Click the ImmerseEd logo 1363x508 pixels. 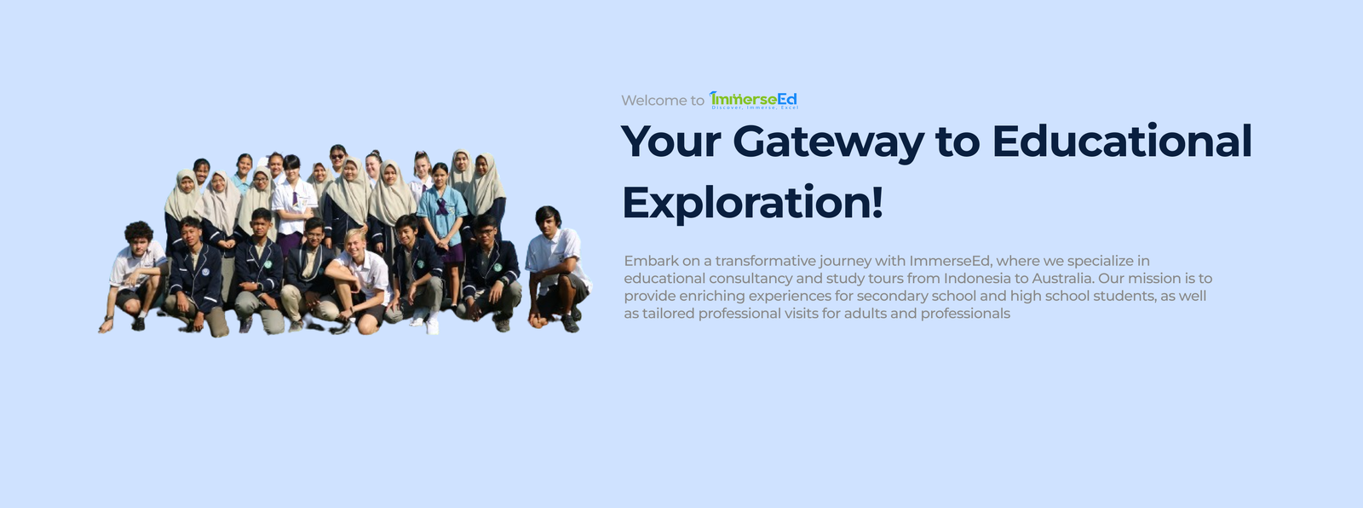[753, 100]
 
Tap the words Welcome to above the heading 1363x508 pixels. [663, 101]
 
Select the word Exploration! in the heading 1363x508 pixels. [753, 203]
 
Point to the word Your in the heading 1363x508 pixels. [671, 141]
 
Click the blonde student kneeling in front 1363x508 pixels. [359, 280]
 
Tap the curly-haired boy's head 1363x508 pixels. [139, 235]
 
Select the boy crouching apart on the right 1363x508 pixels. [557, 268]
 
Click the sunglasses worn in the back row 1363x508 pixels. [337, 157]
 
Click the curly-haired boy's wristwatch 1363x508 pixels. [108, 318]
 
